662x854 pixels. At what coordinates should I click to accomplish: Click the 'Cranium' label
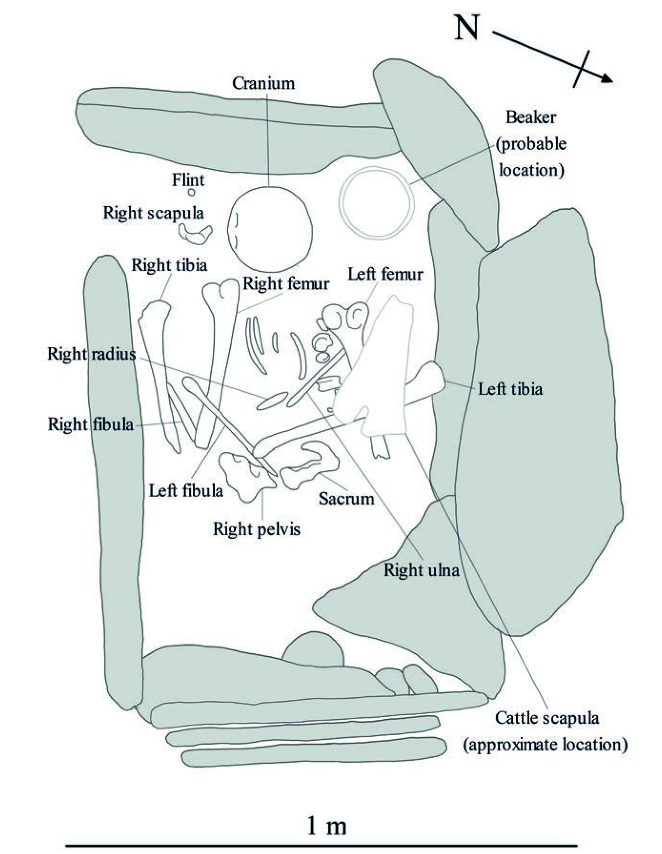263,83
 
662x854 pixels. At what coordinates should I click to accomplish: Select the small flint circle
191,193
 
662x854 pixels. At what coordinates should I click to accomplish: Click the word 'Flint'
188,180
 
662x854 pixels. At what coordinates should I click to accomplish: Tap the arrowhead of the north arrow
607,79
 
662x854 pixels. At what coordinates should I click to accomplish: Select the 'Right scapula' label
154,213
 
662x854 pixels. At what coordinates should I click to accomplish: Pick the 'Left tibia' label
510,389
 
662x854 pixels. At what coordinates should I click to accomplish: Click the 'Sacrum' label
347,499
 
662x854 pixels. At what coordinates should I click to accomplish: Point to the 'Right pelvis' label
256,529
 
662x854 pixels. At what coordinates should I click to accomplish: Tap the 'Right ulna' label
421,570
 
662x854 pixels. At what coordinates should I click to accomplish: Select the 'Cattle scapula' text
547,718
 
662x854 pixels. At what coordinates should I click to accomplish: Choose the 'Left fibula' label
186,490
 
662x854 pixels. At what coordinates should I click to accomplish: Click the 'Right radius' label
92,354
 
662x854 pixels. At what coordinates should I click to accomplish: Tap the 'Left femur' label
385,274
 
